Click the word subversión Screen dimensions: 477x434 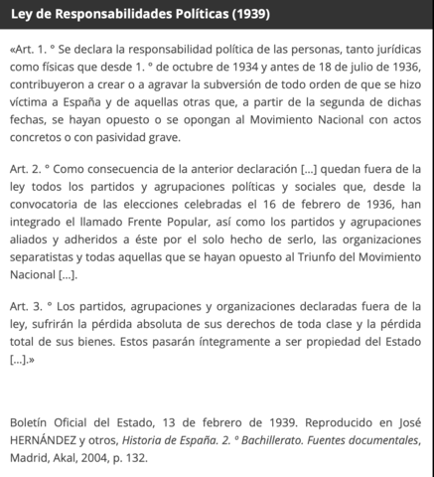pyautogui.click(x=249, y=85)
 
